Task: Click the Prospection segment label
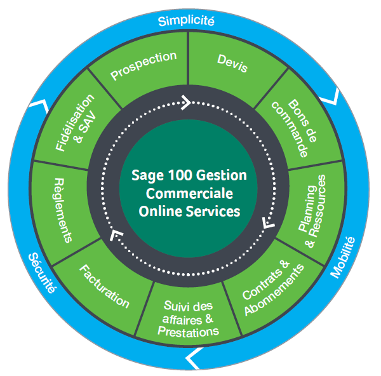click(x=144, y=66)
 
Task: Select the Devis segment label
click(x=232, y=63)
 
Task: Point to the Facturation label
click(x=104, y=287)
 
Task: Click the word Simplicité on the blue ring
click(x=187, y=20)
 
